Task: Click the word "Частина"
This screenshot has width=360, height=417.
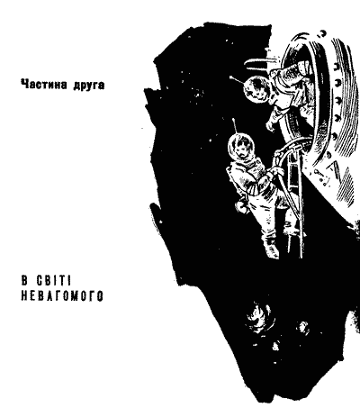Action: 44,85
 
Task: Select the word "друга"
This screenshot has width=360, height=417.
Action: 89,86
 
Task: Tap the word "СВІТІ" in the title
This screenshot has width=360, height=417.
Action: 54,281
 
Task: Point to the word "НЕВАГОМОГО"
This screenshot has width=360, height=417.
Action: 62,296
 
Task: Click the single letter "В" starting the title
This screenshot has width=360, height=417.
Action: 24,281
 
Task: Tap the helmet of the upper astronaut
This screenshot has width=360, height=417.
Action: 256,89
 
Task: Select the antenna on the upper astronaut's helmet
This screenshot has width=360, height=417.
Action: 238,79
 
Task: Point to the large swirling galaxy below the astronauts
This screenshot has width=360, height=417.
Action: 259,317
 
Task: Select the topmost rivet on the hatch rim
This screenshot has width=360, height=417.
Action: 322,32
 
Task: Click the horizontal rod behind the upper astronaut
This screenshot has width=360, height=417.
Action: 256,62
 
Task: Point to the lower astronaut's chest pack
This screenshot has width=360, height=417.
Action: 257,172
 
